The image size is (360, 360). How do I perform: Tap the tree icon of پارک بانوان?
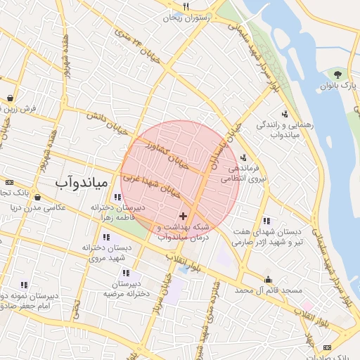point(338,74)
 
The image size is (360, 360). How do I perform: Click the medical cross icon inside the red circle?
point(184,215)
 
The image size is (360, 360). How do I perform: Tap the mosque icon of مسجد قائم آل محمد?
point(267,279)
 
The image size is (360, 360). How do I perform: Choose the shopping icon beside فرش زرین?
point(11,98)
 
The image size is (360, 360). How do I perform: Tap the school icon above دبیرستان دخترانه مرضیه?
point(126,273)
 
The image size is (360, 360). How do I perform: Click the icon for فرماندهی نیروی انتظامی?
point(243,157)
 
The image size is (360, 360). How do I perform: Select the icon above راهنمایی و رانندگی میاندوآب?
point(284,114)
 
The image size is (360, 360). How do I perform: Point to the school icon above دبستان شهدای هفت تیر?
point(266,221)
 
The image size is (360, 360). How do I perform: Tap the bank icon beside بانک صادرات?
point(327,348)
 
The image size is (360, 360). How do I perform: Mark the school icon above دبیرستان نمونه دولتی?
point(23,285)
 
